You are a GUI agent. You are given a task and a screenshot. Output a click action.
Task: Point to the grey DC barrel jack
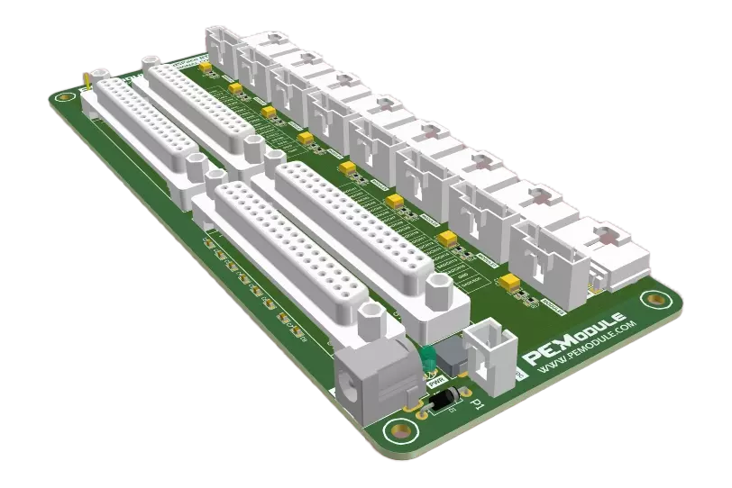[370, 378]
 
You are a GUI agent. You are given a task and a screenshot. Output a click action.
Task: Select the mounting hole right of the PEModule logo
[651, 300]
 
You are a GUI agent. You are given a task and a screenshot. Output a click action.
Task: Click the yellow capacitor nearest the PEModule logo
[511, 284]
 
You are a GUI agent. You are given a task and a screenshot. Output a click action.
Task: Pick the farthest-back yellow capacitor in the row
[206, 66]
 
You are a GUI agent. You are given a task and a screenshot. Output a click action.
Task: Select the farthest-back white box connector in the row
[221, 45]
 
